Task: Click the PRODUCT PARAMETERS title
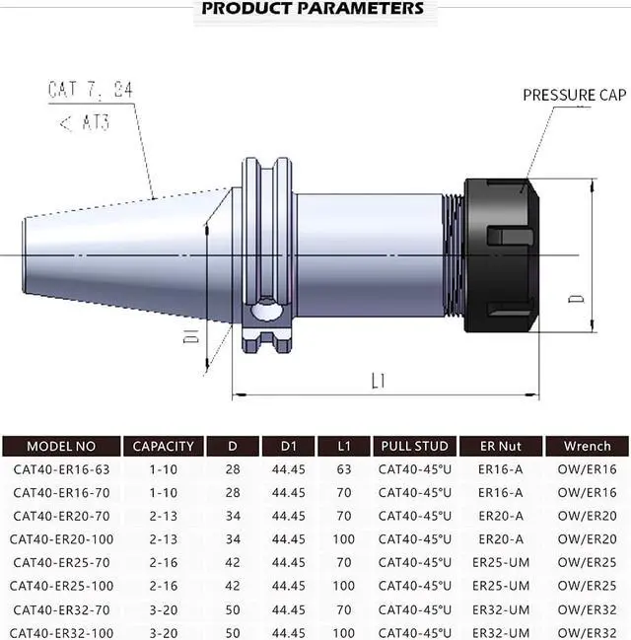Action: tap(313, 9)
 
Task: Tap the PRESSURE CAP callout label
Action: tap(573, 96)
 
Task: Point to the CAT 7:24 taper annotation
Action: tap(90, 91)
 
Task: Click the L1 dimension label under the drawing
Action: tap(378, 380)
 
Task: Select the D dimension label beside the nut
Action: tap(579, 295)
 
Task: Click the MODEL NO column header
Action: tap(61, 446)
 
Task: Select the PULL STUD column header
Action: tap(414, 446)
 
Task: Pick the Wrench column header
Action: tap(587, 446)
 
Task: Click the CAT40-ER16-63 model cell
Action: tap(61, 468)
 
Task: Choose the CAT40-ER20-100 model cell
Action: tap(61, 538)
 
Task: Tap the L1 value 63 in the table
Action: tap(344, 468)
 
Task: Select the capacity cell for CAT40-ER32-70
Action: tap(163, 608)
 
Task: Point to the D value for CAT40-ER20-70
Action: tap(232, 516)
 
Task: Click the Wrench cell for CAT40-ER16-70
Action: tap(587, 492)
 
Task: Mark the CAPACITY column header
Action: tap(163, 446)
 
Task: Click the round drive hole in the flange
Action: tap(267, 312)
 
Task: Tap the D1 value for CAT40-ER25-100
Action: tap(288, 585)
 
